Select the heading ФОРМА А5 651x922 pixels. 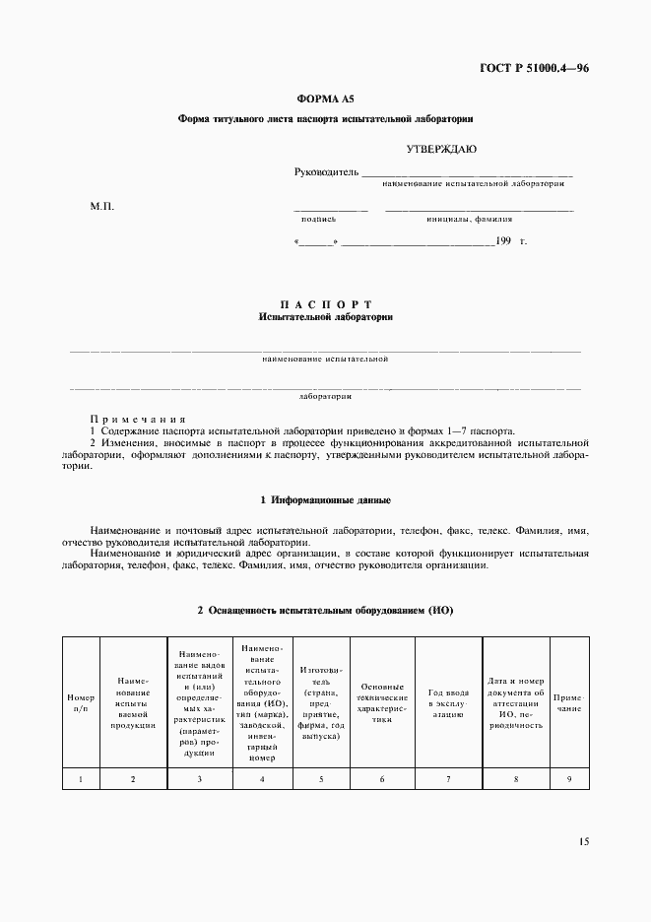(x=325, y=99)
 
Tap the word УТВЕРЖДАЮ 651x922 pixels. (x=441, y=149)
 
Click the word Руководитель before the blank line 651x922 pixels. (x=327, y=172)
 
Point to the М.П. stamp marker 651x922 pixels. (x=101, y=207)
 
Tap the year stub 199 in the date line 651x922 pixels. (x=503, y=240)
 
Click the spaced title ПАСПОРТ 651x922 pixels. (x=325, y=304)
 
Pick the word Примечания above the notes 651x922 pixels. (x=137, y=419)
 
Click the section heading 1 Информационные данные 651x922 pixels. (x=325, y=499)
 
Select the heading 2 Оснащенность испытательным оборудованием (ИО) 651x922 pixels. (x=325, y=610)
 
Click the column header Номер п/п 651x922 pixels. (x=81, y=702)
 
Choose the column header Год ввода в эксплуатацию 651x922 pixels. (x=448, y=702)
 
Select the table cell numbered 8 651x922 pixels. (x=515, y=779)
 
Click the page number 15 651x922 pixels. (x=584, y=842)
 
